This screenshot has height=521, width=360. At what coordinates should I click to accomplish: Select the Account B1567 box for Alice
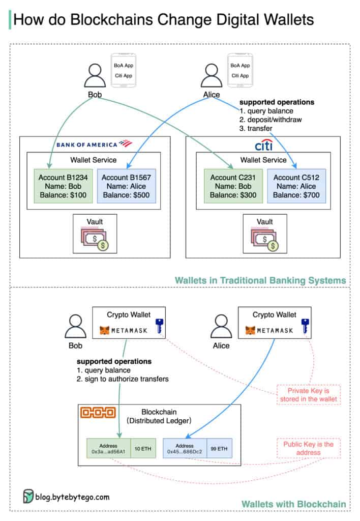(126, 185)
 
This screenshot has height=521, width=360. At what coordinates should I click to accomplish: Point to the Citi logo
(263, 146)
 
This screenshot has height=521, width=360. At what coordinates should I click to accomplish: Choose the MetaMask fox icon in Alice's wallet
(250, 331)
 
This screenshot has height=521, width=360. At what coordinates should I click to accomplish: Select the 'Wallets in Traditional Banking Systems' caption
(260, 280)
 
